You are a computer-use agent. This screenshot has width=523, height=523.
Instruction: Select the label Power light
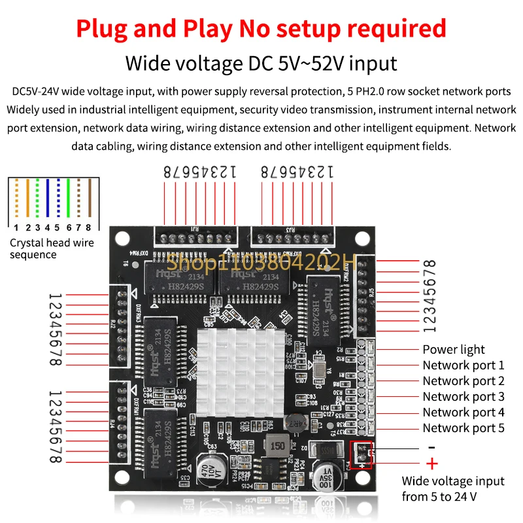pos(454,350)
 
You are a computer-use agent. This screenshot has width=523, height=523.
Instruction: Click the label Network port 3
pos(464,397)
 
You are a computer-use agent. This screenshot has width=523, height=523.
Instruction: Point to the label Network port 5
pos(464,428)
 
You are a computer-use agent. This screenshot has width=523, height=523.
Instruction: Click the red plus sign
pos(432,464)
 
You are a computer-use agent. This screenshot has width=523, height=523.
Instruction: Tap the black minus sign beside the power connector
pos(431,447)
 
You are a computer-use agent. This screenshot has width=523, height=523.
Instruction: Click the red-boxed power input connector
pos(360,454)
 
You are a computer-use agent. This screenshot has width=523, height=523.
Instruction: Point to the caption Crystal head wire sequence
pos(52,249)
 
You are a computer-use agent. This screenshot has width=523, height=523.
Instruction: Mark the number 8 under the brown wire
pos(88,228)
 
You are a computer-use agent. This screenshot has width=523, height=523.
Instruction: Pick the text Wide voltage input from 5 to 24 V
pos(452,489)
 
